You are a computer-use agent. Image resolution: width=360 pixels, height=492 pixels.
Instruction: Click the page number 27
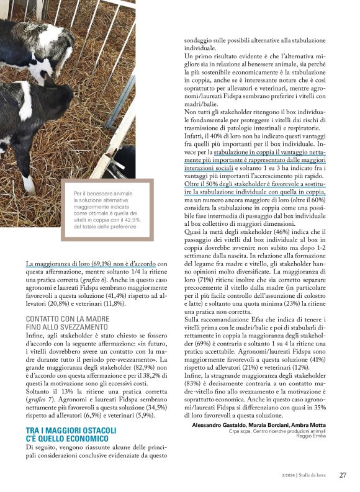click(x=343, y=475)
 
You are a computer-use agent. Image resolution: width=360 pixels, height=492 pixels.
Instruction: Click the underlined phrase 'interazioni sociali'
click(x=211, y=168)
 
